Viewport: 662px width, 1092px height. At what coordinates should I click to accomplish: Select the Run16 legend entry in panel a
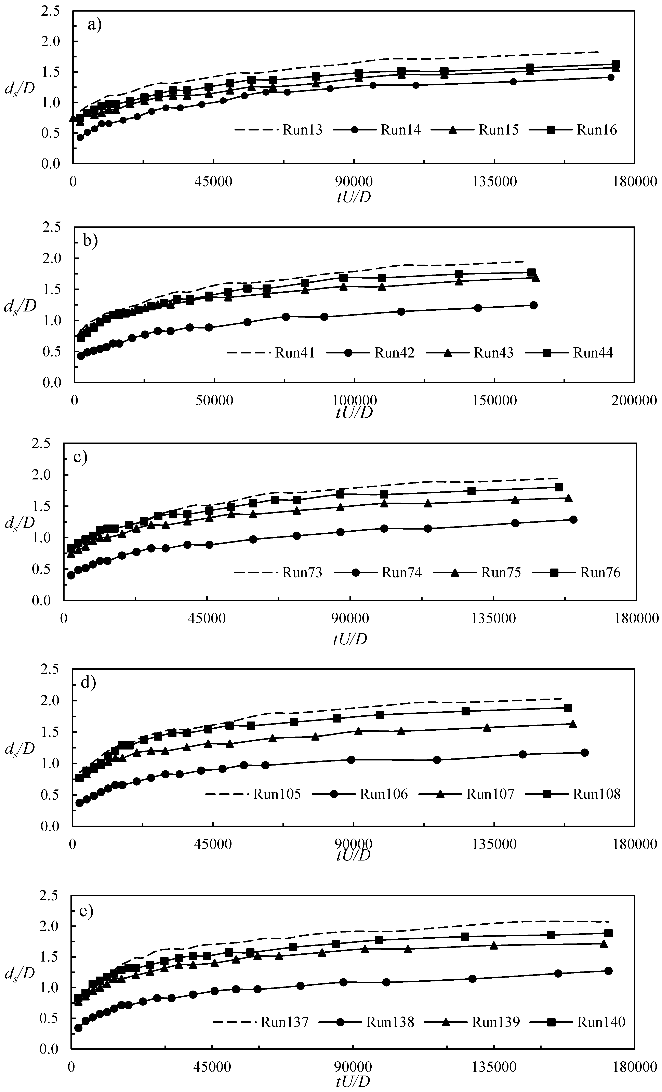point(596,130)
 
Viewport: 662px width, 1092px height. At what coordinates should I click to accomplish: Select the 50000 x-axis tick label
point(214,401)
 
